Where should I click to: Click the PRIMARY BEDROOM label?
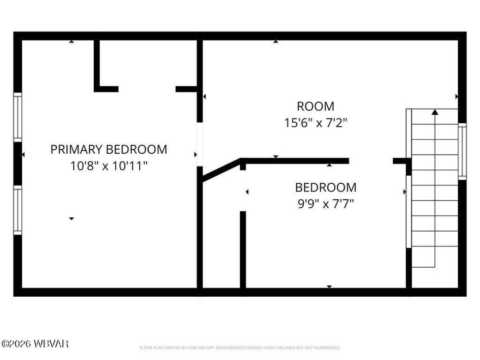[108, 150]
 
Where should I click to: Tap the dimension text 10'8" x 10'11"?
[108, 166]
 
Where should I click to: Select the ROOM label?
[315, 107]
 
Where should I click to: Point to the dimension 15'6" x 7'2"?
[315, 123]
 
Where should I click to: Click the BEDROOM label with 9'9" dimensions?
[325, 188]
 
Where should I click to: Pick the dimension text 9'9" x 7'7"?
[325, 204]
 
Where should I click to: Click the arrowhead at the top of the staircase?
[434, 111]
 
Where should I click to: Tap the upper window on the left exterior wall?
[18, 117]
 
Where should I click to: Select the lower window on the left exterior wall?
[18, 210]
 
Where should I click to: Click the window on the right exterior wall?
[462, 151]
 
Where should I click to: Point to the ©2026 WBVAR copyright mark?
[35, 344]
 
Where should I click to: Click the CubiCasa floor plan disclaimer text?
[240, 348]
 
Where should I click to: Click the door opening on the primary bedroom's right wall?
[199, 144]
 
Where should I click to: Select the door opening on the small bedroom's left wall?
[243, 191]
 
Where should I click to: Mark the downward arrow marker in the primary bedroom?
[71, 218]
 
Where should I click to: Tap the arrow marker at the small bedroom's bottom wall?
[329, 287]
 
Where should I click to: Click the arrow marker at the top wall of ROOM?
[276, 42]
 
